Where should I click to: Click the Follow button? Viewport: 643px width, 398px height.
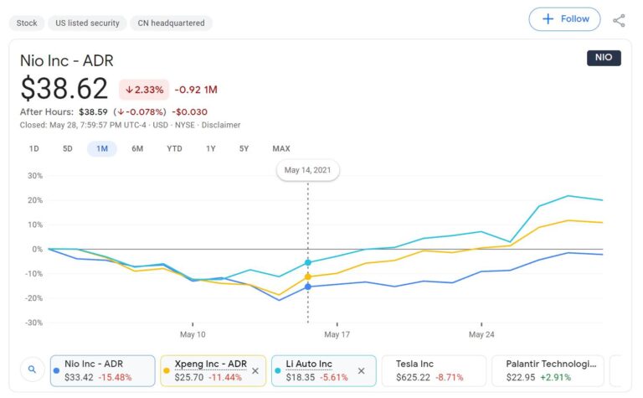point(564,19)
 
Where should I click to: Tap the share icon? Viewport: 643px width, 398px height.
point(619,20)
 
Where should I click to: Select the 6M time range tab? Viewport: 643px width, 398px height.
point(137,149)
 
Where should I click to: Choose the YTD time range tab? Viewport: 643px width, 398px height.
point(174,149)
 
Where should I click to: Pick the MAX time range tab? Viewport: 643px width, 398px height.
point(281,149)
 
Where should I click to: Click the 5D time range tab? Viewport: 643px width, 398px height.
point(68,149)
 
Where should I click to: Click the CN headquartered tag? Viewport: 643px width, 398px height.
point(172,23)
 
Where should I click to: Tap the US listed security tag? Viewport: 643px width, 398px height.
point(87,23)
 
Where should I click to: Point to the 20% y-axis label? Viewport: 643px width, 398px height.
point(35,200)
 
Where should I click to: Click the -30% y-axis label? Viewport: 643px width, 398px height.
point(33,323)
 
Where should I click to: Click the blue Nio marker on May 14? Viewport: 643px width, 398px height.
point(308,287)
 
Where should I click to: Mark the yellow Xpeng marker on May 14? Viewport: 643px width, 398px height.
point(308,277)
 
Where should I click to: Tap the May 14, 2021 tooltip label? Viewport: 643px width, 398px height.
point(307,170)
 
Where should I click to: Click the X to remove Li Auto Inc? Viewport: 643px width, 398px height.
point(361,370)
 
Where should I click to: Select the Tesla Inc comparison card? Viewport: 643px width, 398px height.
point(434,370)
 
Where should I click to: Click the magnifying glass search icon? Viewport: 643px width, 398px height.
point(32,369)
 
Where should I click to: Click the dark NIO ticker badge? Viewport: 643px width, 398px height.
point(604,58)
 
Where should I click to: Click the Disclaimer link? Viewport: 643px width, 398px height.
point(221,125)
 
